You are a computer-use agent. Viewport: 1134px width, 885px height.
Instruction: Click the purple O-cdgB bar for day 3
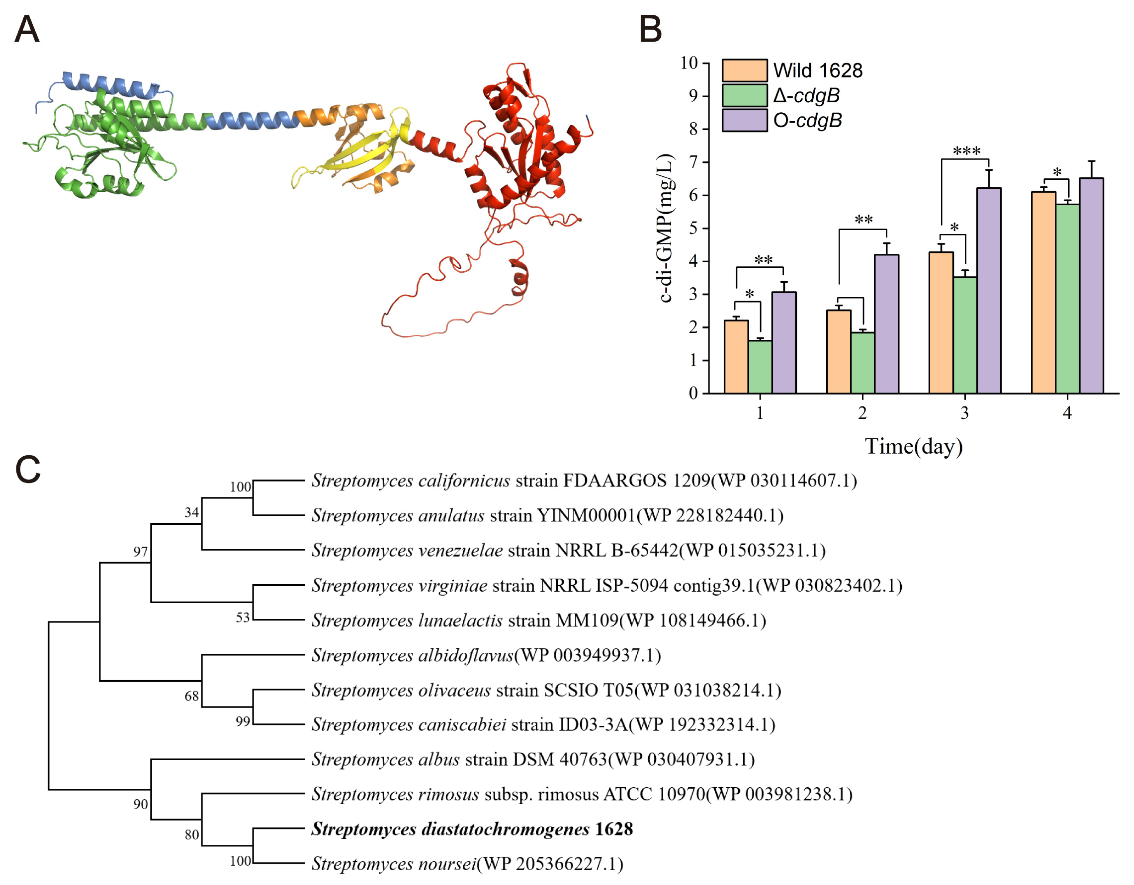coord(989,291)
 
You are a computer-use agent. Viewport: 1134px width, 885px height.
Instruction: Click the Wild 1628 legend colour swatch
coord(744,71)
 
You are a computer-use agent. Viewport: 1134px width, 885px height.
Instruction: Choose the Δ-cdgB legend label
coord(806,95)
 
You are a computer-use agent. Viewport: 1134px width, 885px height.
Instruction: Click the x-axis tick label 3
coord(964,413)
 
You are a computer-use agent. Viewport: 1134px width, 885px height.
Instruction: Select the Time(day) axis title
coord(913,446)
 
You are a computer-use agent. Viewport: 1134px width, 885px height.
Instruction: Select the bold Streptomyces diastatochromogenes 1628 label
coord(471,829)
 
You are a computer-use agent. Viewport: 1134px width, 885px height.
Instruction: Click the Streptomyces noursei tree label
coord(467,864)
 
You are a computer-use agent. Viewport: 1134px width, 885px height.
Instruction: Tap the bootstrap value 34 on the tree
coord(191,513)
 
